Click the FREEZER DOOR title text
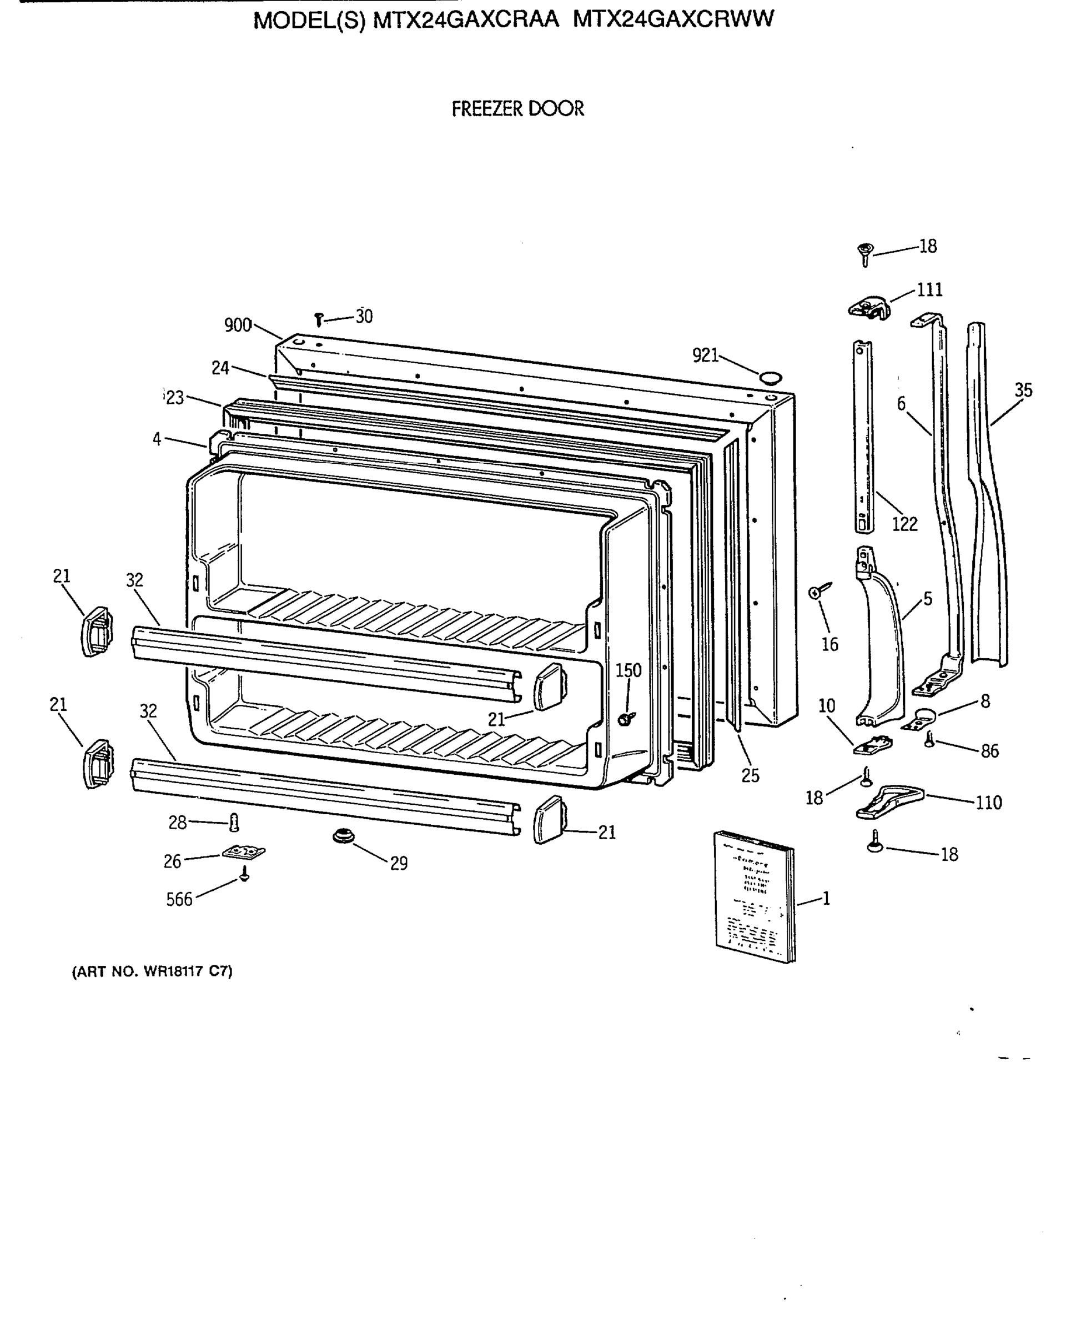click(517, 109)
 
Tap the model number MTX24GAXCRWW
click(672, 19)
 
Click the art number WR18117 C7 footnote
click(153, 971)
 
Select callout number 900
click(237, 325)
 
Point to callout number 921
click(706, 355)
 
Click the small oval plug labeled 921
click(770, 376)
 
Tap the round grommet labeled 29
click(343, 836)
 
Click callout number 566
click(179, 899)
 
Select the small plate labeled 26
click(244, 851)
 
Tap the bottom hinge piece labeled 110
click(891, 801)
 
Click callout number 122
click(904, 524)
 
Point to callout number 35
click(1023, 390)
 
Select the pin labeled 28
click(234, 823)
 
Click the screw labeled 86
click(929, 740)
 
